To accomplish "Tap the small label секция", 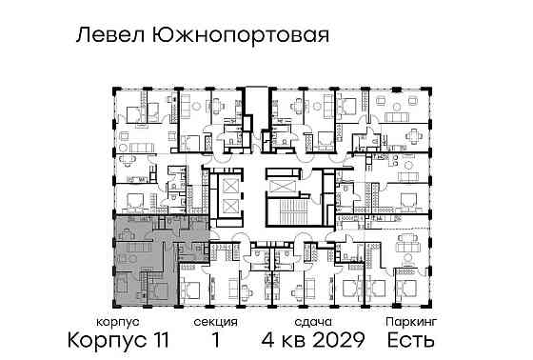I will (216, 323).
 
